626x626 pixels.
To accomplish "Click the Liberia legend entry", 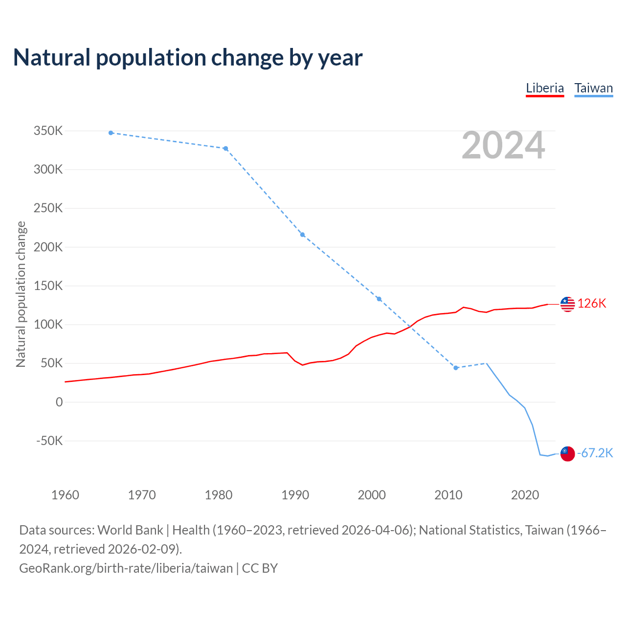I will tap(545, 89).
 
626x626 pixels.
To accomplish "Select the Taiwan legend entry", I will tap(593, 89).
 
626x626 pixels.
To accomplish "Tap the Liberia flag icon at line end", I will tap(567, 304).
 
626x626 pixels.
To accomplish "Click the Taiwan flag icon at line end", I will tap(567, 453).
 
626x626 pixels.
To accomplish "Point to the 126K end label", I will tap(592, 304).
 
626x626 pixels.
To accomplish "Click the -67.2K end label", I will tap(595, 453).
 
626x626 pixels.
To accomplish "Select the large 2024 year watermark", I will tap(503, 145).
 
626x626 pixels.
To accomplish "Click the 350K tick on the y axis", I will tap(48, 131).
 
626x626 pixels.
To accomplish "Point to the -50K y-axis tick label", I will tap(50, 441).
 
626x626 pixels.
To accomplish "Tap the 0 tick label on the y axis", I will tap(59, 402).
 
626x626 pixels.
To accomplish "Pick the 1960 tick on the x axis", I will tap(65, 495).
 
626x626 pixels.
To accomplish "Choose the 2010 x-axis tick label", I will tap(448, 495).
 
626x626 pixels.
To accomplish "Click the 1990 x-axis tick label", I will tap(295, 495).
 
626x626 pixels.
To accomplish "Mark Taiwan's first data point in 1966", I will tap(111, 133).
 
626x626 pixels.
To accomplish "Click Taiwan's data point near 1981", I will tap(225, 149).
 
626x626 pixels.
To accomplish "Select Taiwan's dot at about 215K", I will tap(302, 235).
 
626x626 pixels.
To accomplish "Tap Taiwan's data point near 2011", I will tap(456, 368).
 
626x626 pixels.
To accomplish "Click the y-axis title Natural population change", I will tap(21, 294).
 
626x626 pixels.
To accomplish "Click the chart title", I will tap(188, 58).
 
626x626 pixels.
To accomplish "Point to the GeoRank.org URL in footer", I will tap(126, 568).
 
